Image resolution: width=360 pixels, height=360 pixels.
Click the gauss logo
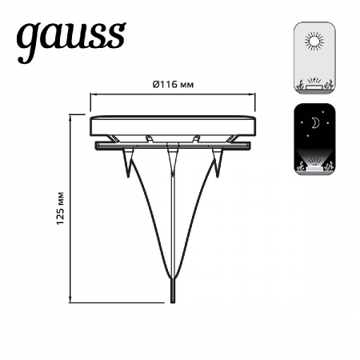(71, 40)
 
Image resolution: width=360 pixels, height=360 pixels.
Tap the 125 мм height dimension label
(61, 209)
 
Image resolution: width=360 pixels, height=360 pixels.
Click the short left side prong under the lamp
(129, 164)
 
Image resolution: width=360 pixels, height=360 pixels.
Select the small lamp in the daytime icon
(313, 83)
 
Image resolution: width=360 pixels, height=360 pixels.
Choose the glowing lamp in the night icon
(313, 167)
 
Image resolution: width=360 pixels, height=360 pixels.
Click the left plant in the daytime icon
(298, 84)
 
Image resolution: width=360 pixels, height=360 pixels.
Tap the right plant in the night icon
(328, 166)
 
